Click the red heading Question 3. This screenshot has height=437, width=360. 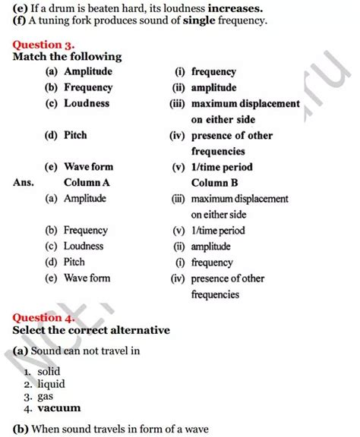(x=48, y=44)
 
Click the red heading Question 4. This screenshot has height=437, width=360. (x=48, y=319)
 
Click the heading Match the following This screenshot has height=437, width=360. (x=67, y=57)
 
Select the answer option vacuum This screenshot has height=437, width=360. (x=59, y=407)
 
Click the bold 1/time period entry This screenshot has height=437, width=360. (x=222, y=167)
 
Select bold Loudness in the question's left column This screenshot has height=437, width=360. (x=87, y=103)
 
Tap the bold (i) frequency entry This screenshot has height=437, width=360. (x=213, y=71)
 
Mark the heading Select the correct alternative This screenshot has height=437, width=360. (x=91, y=331)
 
